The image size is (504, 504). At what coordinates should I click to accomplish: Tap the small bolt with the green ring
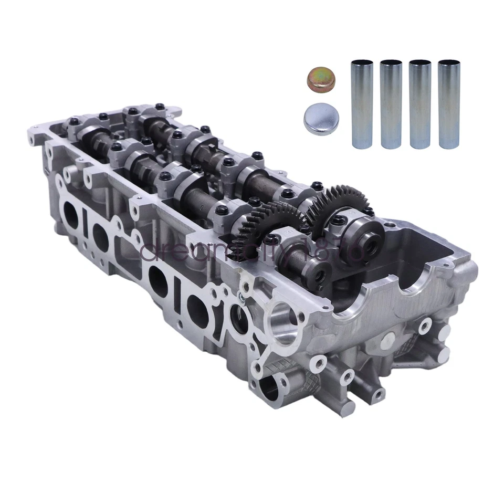point(240,299)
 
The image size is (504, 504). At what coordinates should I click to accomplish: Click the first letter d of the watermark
point(149,253)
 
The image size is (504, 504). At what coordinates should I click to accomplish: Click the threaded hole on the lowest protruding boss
point(376,394)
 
